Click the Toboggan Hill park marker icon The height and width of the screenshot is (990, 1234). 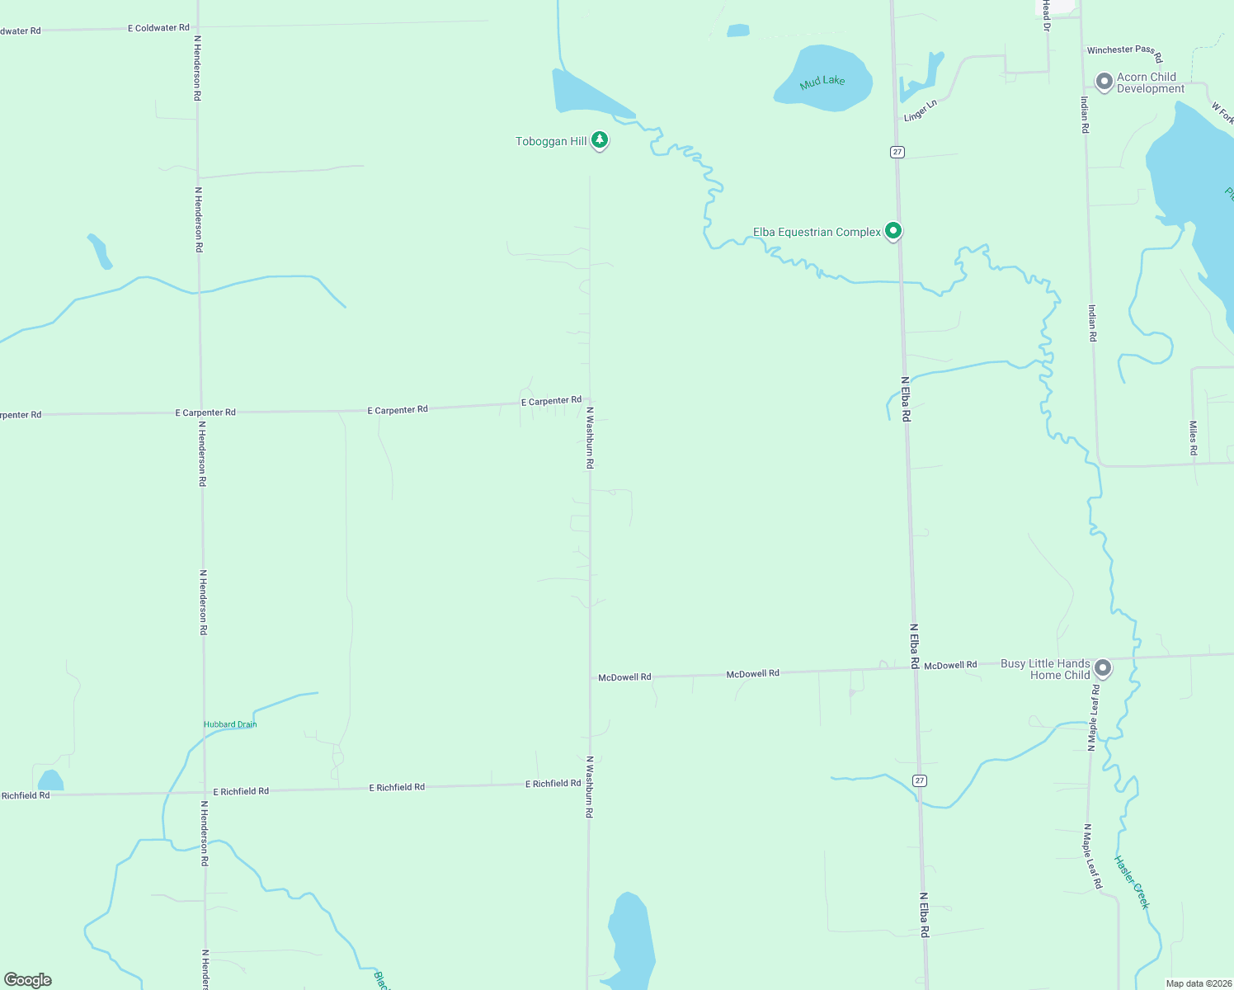tap(600, 140)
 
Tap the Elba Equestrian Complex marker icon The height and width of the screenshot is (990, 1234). tap(893, 231)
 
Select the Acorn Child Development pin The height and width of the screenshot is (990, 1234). tap(1104, 82)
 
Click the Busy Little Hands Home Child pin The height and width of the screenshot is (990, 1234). tap(1102, 668)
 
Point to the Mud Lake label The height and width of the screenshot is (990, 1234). tap(822, 82)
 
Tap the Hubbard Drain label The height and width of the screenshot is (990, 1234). tap(230, 724)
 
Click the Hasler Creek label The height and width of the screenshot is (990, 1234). tap(1132, 882)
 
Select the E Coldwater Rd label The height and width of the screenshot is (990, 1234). tap(158, 28)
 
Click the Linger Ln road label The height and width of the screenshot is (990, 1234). tap(921, 111)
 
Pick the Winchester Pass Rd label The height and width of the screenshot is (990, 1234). tap(1124, 52)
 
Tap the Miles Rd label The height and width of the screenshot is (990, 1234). tap(1193, 438)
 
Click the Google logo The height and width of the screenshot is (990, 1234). tap(28, 980)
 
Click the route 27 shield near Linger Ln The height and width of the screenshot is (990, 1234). tap(897, 152)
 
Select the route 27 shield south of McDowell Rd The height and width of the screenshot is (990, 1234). tap(920, 780)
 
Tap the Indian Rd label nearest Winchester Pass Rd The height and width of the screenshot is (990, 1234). tap(1085, 115)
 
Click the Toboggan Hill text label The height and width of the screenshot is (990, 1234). tap(551, 142)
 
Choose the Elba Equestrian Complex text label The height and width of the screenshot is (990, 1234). tap(817, 233)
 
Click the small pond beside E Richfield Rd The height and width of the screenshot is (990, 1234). tap(50, 780)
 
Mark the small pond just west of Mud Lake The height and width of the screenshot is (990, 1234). tap(738, 31)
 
